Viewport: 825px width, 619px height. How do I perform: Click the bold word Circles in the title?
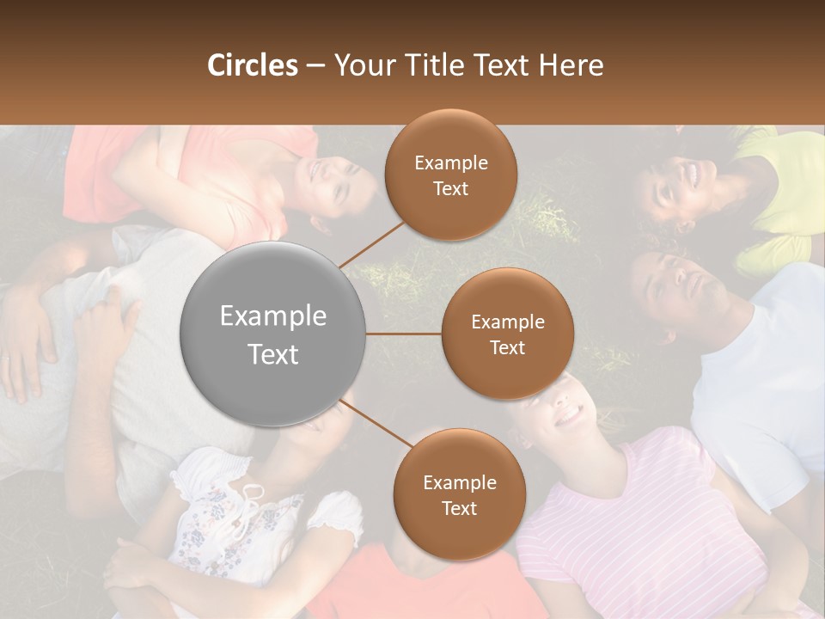coord(252,65)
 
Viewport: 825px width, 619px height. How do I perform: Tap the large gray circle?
coord(273,334)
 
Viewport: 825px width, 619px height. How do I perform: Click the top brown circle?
coord(450,175)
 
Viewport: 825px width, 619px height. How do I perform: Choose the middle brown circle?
coord(507,334)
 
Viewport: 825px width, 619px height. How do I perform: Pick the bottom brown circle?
coord(459,494)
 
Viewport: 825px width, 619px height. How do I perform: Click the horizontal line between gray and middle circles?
coord(404,334)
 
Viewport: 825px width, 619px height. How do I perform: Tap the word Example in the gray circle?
coord(273,316)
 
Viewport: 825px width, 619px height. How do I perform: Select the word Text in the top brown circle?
coord(450,188)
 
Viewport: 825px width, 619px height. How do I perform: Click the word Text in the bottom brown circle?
coord(459,508)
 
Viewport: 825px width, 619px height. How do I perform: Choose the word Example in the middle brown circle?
coord(507,322)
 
